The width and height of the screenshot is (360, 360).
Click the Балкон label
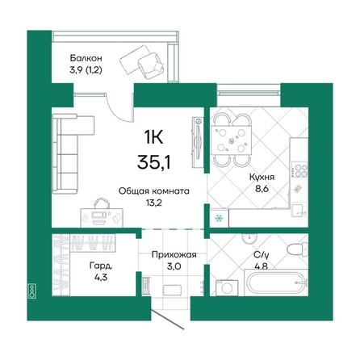tap(86, 58)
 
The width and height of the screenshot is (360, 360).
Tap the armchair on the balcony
tap(151, 65)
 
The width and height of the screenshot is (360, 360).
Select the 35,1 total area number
tap(153, 162)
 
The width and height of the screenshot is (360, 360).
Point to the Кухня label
tap(262, 177)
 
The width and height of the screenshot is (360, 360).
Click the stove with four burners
tap(299, 170)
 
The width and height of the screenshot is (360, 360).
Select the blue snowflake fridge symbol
tap(219, 219)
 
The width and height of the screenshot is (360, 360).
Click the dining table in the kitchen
tap(231, 140)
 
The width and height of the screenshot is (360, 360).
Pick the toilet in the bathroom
tap(297, 248)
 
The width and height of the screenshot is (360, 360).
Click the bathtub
tap(276, 283)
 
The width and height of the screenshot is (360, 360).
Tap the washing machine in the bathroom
tap(227, 288)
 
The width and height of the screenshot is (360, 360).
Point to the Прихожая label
tap(174, 254)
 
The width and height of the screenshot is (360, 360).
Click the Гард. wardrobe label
tap(101, 266)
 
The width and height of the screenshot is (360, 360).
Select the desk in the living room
tap(103, 217)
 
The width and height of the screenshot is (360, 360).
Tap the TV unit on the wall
tap(198, 143)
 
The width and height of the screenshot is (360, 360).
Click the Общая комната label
tap(154, 191)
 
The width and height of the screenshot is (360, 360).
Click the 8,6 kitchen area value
tap(262, 189)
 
